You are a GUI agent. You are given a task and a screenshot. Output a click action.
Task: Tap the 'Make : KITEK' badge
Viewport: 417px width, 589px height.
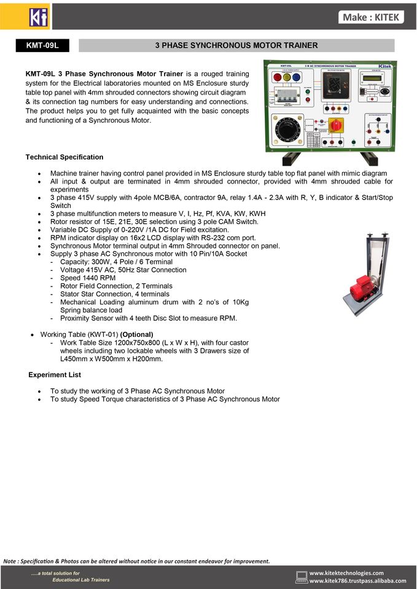371,17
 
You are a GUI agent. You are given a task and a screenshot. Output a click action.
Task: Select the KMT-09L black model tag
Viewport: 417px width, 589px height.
42,45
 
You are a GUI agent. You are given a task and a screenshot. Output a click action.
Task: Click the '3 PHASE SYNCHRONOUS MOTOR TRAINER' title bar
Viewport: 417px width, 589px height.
236,45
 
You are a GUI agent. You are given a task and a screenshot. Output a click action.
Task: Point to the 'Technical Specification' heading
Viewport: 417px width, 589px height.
64,157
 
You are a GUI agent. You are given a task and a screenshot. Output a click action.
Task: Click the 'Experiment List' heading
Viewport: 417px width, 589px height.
55,374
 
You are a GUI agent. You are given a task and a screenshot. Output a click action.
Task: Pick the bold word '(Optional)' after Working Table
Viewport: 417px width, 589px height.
136,334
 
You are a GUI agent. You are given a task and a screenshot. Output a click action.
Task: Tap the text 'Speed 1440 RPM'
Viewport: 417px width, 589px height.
88,278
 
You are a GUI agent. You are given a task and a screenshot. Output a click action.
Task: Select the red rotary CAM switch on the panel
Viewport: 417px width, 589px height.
335,125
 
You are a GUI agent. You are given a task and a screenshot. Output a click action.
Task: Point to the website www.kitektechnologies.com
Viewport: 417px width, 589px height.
346,572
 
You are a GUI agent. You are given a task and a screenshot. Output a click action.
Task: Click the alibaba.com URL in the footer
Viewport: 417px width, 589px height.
357,580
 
